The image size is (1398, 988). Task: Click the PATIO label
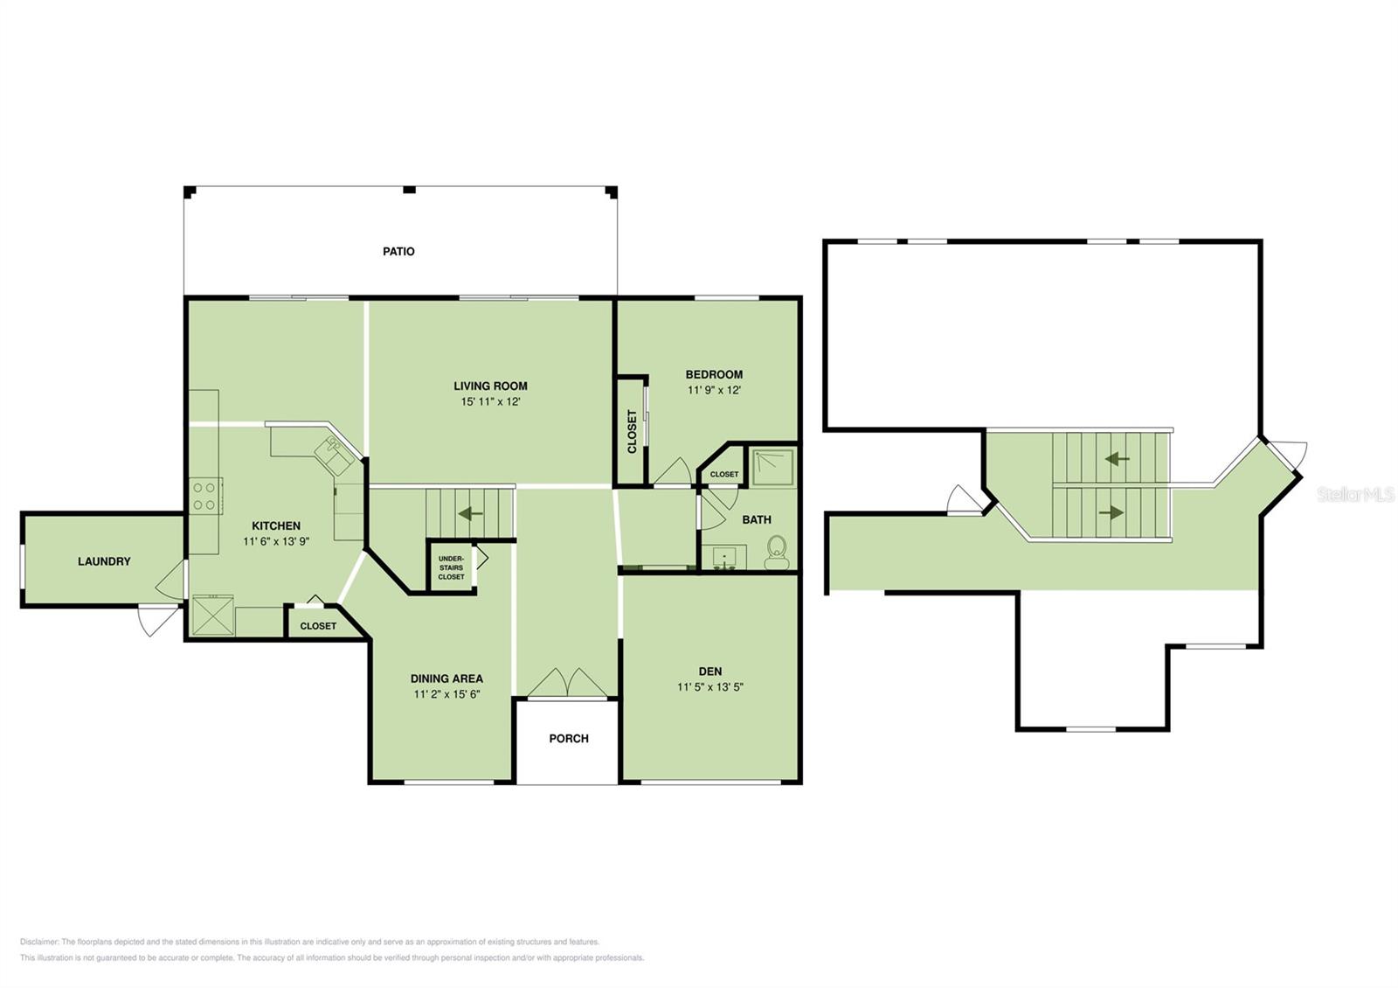pos(398,251)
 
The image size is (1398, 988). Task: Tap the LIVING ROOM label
pos(490,386)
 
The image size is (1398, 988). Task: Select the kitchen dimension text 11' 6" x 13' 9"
pos(276,541)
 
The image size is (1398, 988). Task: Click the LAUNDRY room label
pos(104,561)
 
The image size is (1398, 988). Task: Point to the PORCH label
pos(569,738)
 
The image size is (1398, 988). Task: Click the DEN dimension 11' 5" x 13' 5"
pos(710,687)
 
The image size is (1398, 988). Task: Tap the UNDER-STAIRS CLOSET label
pos(451,567)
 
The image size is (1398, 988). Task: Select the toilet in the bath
pos(777,552)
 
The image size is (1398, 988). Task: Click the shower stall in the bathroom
pos(772,467)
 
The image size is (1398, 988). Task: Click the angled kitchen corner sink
pos(335,456)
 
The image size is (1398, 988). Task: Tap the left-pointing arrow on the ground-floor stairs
pos(471,513)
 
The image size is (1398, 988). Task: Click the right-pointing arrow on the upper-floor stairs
pos(1111,512)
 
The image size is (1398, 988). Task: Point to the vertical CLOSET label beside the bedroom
pos(632,432)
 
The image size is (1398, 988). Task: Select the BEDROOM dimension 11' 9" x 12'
pos(714,390)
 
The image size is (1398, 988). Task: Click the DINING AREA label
pos(446,678)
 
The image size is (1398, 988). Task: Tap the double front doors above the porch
pos(567,682)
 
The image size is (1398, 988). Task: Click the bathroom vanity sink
pos(724,557)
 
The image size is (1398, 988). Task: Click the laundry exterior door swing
pos(158,621)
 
